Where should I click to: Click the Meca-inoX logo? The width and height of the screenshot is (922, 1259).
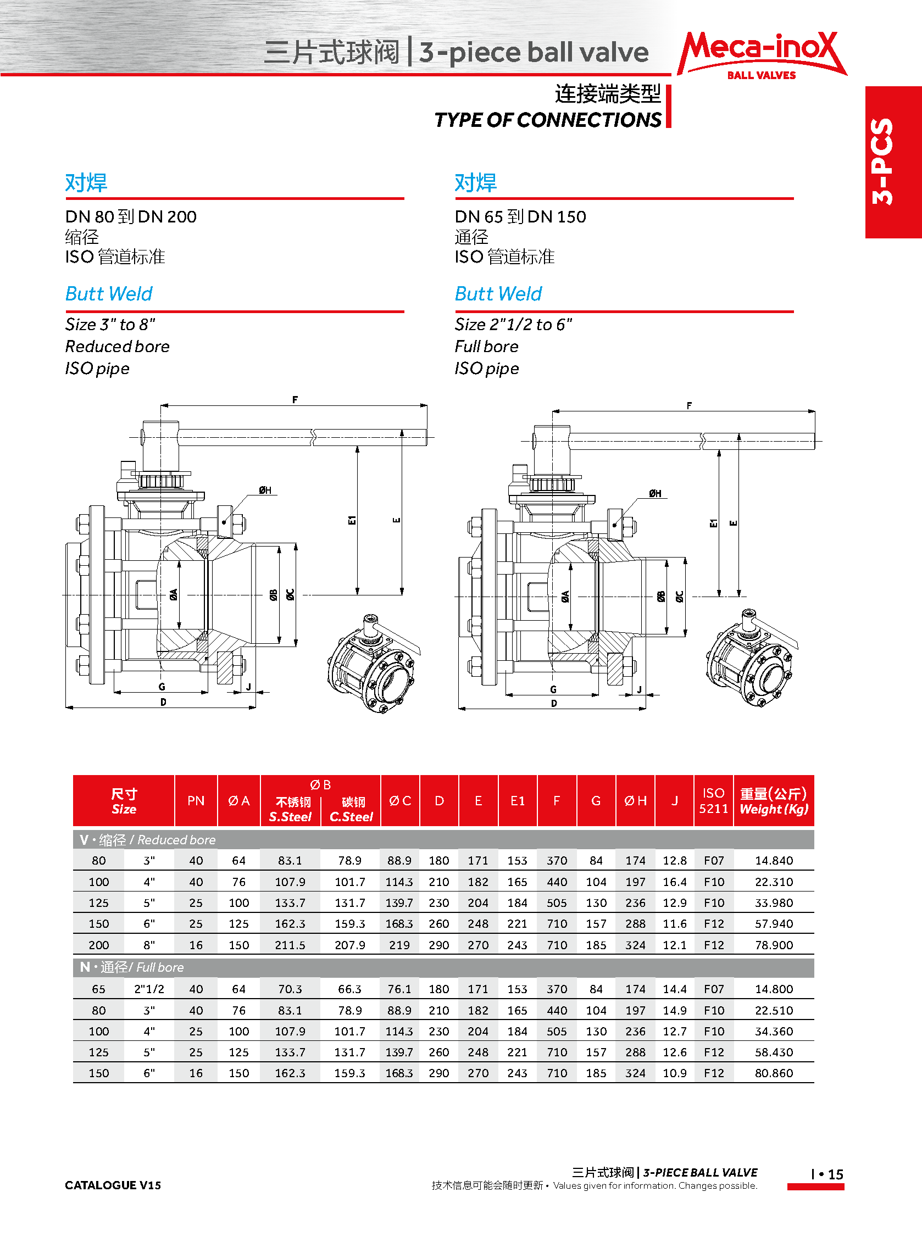click(761, 54)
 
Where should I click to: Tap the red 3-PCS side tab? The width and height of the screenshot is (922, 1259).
click(892, 161)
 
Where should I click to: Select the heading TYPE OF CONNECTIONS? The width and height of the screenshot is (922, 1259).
click(547, 120)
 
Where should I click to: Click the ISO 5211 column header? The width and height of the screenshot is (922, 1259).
click(713, 800)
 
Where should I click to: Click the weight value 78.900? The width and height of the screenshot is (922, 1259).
click(774, 945)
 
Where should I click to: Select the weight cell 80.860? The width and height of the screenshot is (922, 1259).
click(774, 1073)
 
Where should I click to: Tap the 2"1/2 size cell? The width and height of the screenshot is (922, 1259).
click(149, 989)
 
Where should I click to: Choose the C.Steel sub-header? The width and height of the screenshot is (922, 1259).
click(351, 817)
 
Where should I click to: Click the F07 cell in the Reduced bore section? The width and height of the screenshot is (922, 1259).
click(713, 861)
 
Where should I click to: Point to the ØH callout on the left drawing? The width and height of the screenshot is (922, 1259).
click(265, 491)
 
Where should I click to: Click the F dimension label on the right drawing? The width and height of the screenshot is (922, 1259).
click(689, 405)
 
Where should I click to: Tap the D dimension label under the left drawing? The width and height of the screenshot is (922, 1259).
click(163, 703)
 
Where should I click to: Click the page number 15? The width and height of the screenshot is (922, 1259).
click(835, 1174)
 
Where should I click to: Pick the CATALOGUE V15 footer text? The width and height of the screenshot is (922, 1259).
click(113, 1185)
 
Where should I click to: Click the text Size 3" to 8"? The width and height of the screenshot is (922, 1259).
click(110, 324)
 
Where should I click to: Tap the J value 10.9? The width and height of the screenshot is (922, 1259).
click(674, 1073)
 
